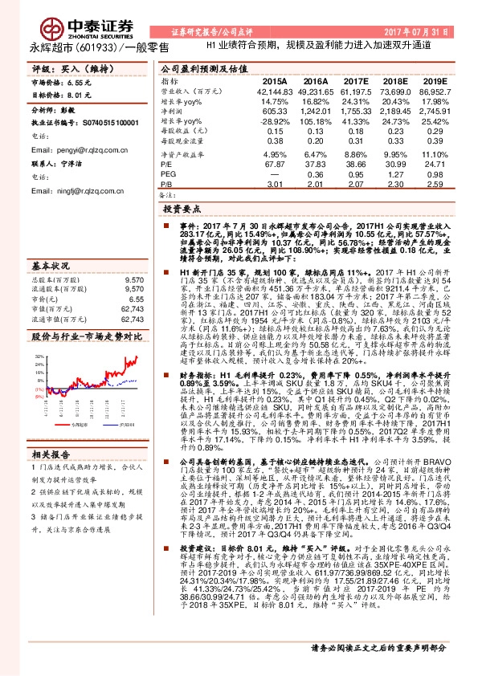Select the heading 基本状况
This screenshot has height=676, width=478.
[51, 263]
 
